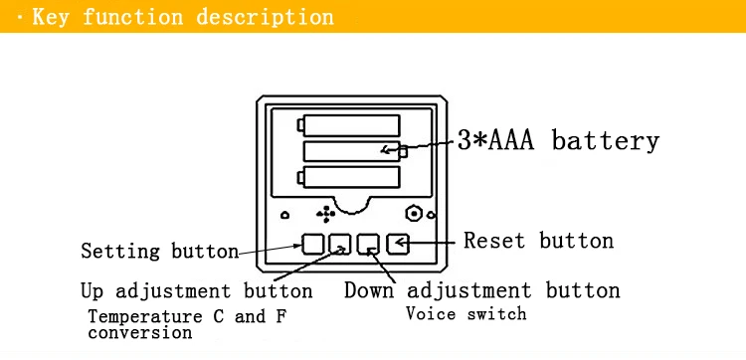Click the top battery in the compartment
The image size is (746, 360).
pyautogui.click(x=349, y=125)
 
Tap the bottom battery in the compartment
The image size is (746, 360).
pyautogui.click(x=349, y=177)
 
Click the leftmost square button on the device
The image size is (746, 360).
pyautogui.click(x=313, y=244)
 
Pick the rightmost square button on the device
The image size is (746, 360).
pyautogui.click(x=397, y=244)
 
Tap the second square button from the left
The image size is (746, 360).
pyautogui.click(x=340, y=244)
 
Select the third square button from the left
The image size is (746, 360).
pyautogui.click(x=369, y=244)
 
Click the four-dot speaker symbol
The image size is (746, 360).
pyautogui.click(x=326, y=215)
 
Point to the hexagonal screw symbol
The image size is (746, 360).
pyautogui.click(x=414, y=214)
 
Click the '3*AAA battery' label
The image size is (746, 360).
pyautogui.click(x=559, y=141)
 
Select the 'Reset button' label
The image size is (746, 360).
pyautogui.click(x=538, y=241)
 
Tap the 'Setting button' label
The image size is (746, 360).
pyautogui.click(x=160, y=251)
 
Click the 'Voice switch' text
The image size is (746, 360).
pyautogui.click(x=466, y=314)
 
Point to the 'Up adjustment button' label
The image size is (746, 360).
pyautogui.click(x=197, y=290)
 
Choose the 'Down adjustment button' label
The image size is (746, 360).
pyautogui.click(x=482, y=290)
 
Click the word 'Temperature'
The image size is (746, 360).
pyautogui.click(x=145, y=316)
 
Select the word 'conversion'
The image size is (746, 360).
pyautogui.click(x=140, y=332)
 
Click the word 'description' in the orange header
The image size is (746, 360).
pyautogui.click(x=265, y=17)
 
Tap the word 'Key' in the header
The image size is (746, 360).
pyautogui.click(x=51, y=17)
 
